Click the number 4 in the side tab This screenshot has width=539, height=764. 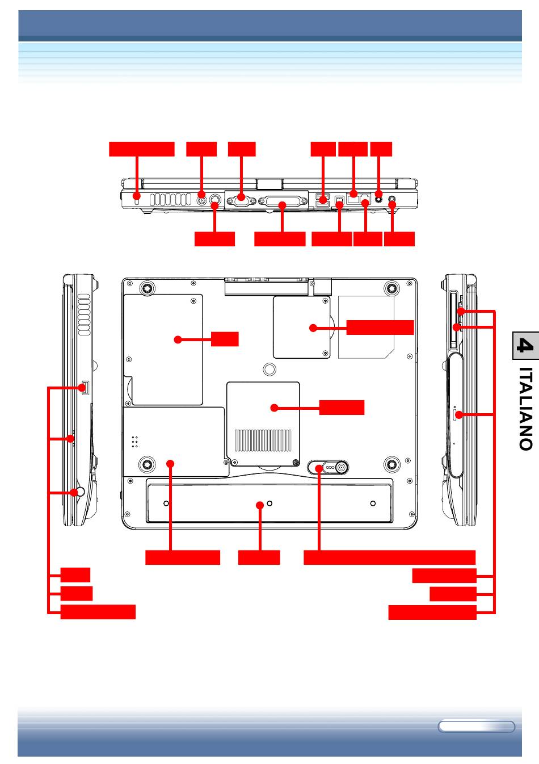coord(525,345)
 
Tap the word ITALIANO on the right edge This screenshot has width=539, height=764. coord(525,409)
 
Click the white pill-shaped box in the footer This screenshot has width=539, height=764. coord(476,727)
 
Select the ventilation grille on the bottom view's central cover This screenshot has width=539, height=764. coord(263,440)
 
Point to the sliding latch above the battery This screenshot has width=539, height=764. coord(327,467)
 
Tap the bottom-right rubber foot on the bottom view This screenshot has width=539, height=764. coord(391,464)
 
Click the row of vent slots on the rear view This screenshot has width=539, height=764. coord(170,200)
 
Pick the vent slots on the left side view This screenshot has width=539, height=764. coord(84,314)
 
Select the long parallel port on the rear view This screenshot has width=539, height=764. coord(281,202)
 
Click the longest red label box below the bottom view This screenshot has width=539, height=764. coord(389,557)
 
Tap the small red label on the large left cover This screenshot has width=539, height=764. coord(225,339)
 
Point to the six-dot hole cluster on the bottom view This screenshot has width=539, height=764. coord(134,442)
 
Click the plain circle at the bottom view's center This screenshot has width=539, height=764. coord(269,369)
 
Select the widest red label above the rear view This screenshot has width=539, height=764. coord(142,149)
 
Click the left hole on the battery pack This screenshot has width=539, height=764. coord(166,503)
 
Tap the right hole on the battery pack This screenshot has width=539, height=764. coord(373,503)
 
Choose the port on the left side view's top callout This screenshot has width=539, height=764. coord(85,388)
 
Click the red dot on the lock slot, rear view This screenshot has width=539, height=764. coord(136,196)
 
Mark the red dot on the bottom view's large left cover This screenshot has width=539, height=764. coord(178,339)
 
